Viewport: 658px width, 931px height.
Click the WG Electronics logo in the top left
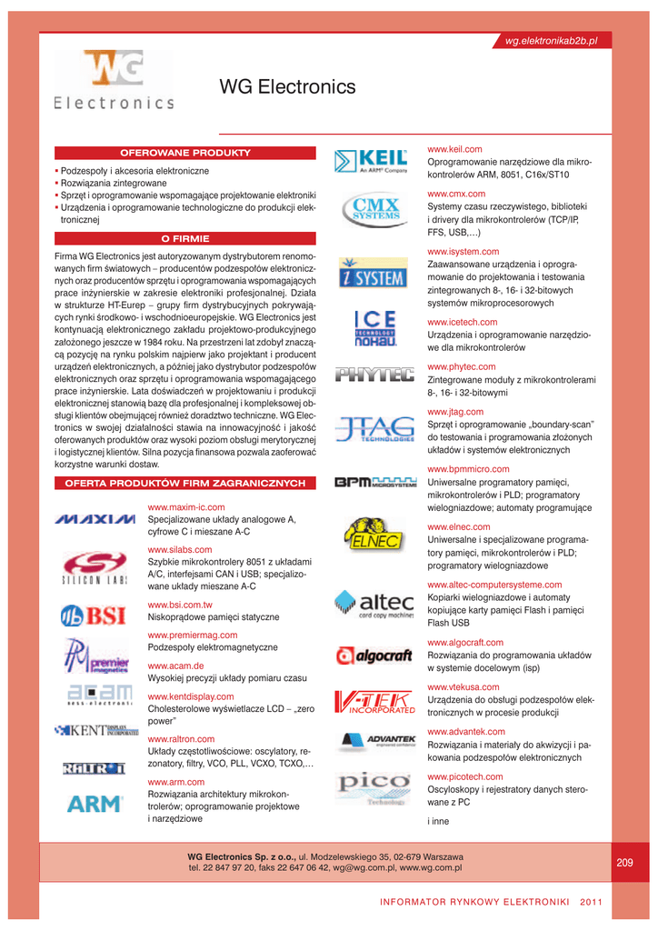[x=114, y=81]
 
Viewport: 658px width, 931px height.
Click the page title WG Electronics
[x=288, y=87]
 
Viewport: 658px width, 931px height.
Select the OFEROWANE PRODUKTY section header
[x=185, y=152]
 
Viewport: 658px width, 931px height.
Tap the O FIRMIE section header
[x=185, y=239]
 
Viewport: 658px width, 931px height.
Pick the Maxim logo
[x=95, y=519]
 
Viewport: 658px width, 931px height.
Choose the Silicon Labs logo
[x=94, y=568]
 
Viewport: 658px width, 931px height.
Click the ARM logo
[x=95, y=803]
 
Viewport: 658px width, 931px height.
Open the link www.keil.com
[x=454, y=149]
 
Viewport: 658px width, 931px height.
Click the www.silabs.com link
[x=180, y=550]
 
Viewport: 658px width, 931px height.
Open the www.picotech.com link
[x=464, y=777]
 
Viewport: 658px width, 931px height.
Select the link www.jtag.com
[x=455, y=412]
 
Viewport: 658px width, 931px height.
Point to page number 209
[x=624, y=862]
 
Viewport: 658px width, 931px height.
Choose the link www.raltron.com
[x=181, y=739]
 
